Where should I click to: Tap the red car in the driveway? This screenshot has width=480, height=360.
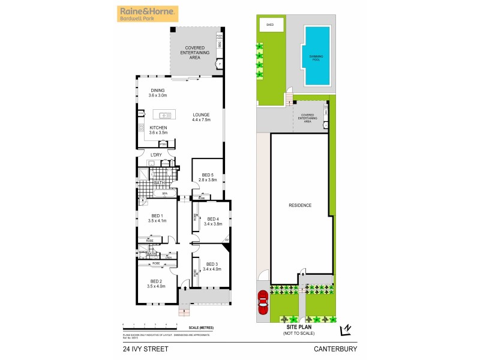click(262, 302)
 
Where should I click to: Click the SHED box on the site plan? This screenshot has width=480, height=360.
click(270, 25)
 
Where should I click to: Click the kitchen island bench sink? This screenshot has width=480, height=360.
click(163, 115)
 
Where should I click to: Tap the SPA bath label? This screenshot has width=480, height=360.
click(164, 194)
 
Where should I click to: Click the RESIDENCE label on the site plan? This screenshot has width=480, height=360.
click(300, 205)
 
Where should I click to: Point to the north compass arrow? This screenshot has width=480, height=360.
click(346, 329)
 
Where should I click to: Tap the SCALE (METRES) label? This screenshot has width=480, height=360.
click(201, 328)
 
